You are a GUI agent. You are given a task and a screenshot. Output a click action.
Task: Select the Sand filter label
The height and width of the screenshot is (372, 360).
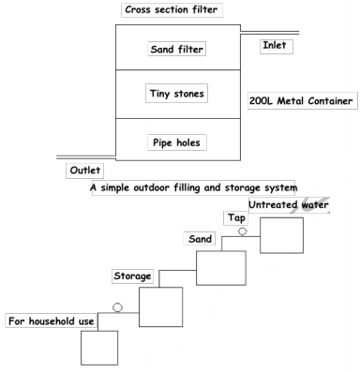pos(177,49)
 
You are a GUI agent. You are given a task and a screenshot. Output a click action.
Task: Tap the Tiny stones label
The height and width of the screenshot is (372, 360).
pos(177,93)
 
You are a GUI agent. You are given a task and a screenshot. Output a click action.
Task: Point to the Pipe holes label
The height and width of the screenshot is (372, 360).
pos(177,142)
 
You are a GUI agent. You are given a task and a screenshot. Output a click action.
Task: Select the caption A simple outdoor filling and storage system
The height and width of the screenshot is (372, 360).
pos(192,187)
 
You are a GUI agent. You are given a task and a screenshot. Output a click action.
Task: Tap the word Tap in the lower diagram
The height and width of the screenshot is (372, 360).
pos(235,218)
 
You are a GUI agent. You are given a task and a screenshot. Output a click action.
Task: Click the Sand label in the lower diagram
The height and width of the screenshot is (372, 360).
pos(200,239)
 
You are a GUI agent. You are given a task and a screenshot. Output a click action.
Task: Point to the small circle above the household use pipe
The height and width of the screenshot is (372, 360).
pos(118,306)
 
